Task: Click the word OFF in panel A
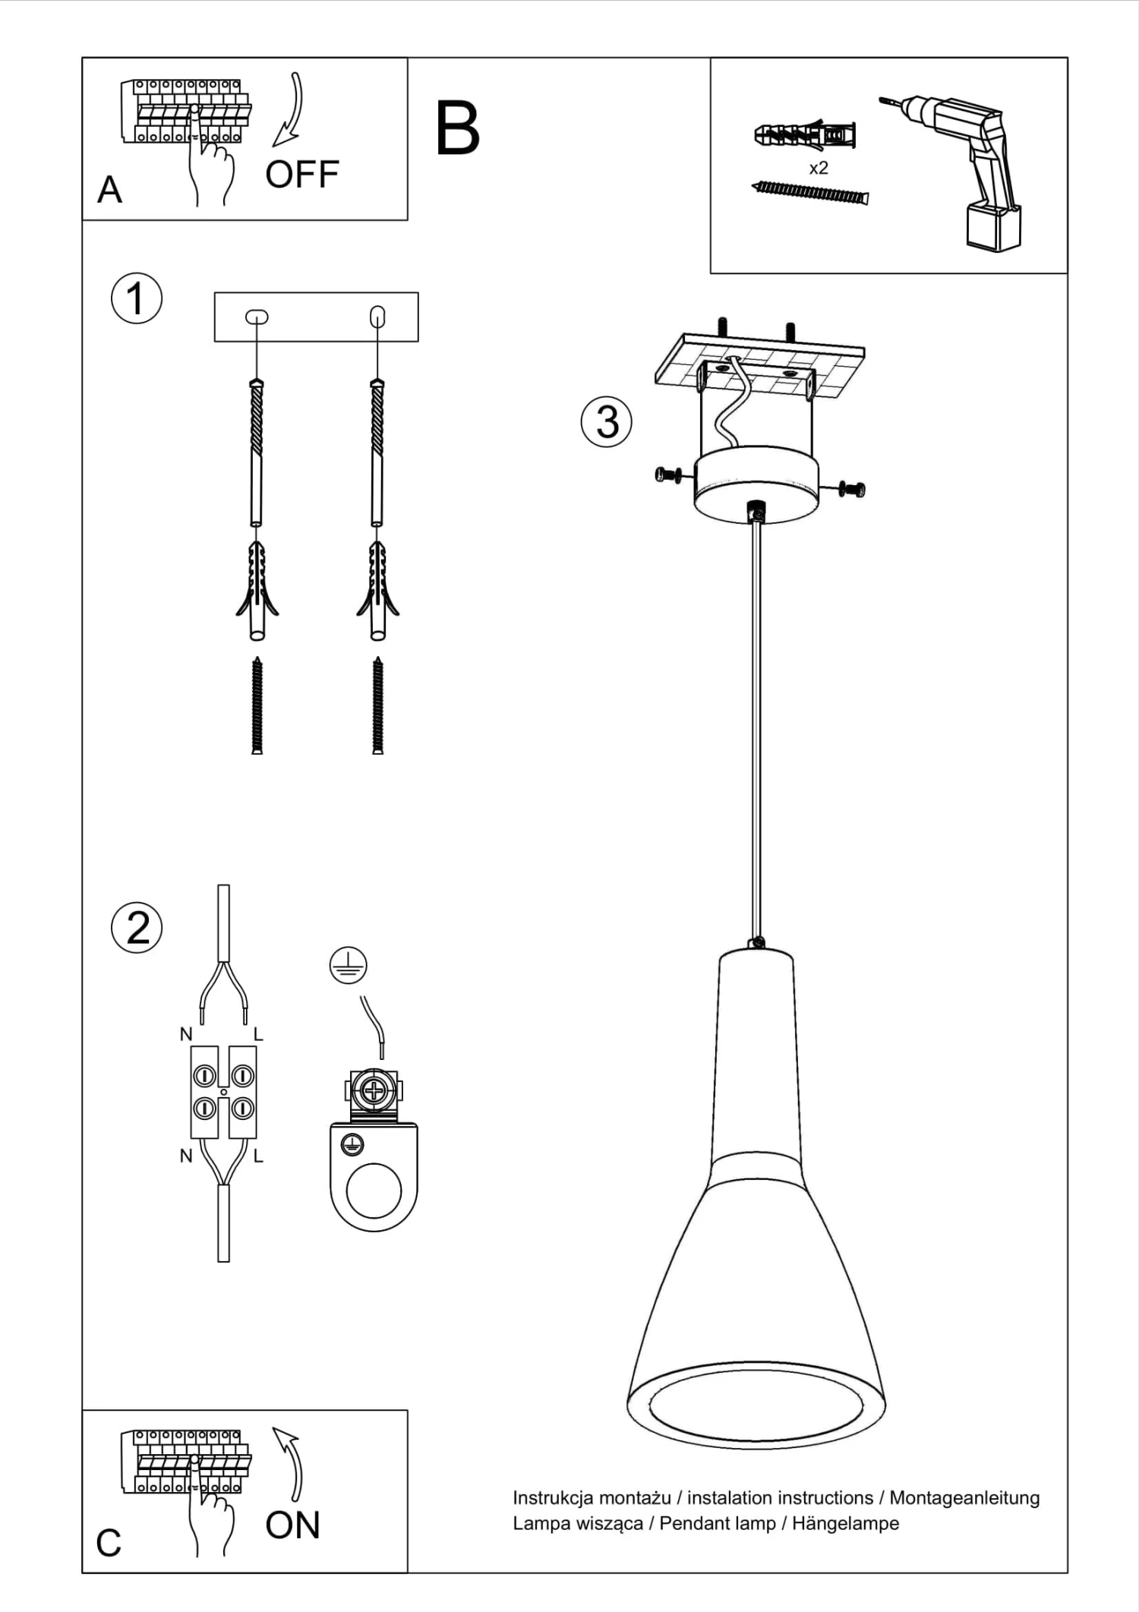301,175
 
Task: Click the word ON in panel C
292,1525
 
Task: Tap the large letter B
458,129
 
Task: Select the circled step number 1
137,298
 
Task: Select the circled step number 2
137,927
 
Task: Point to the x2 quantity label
818,169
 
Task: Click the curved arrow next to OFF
290,110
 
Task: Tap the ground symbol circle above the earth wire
348,966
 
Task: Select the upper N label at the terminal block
186,1034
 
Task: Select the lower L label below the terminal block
258,1156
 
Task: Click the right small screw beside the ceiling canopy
853,489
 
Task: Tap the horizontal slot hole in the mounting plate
257,317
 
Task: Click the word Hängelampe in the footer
845,1523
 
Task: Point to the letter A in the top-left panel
109,190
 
